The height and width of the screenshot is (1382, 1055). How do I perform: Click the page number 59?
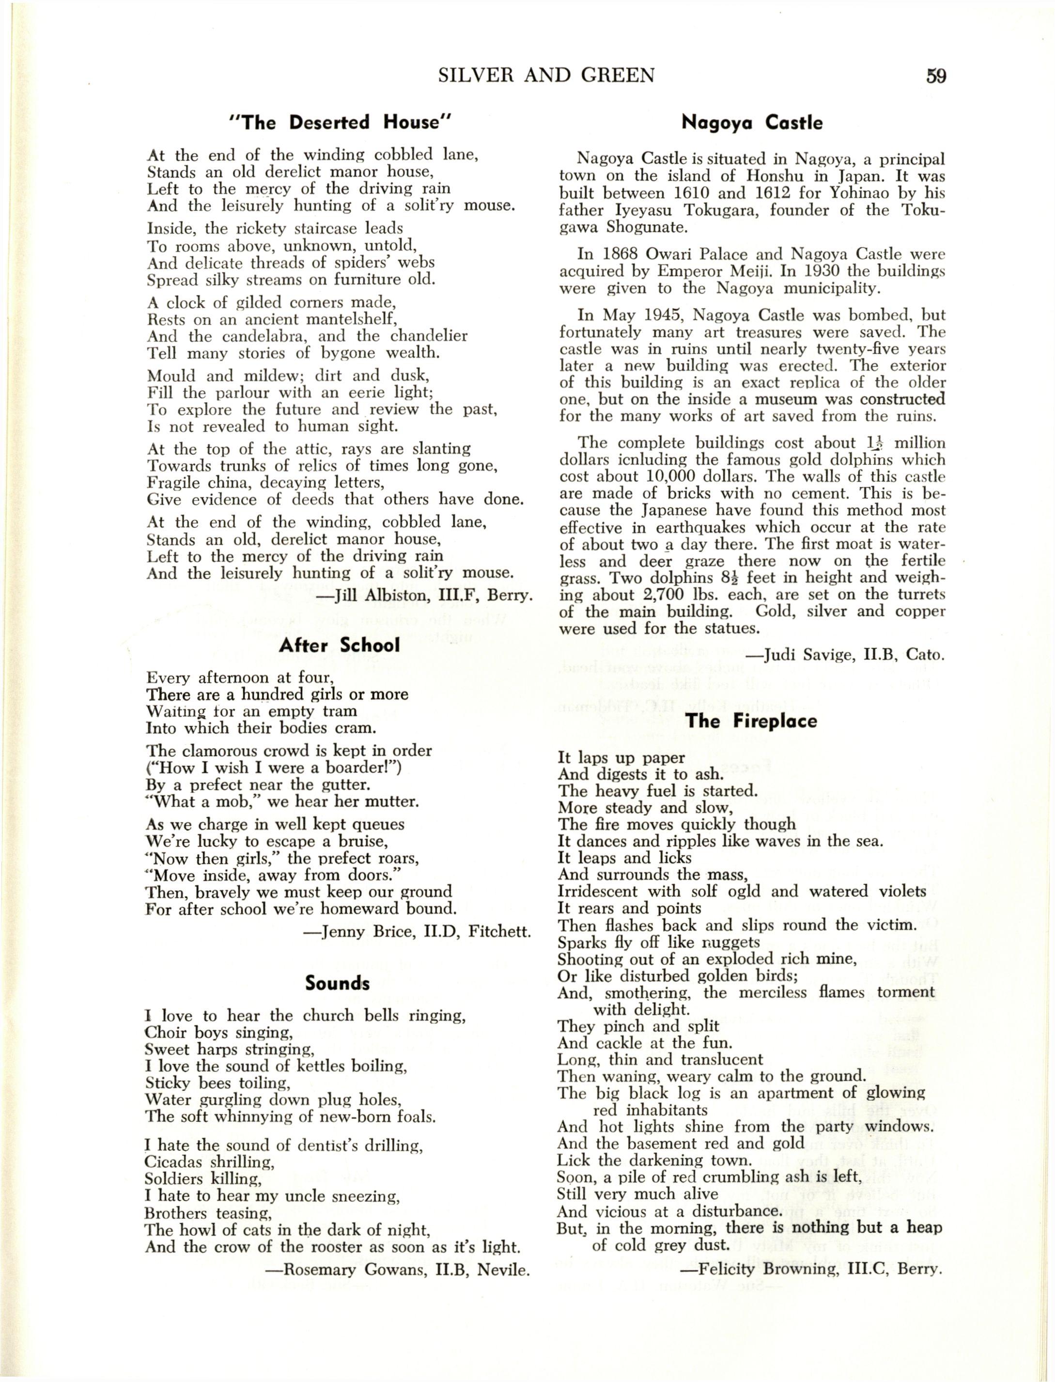[935, 76]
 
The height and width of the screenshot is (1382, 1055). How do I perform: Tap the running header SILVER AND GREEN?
[546, 76]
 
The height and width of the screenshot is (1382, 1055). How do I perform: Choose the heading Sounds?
[337, 983]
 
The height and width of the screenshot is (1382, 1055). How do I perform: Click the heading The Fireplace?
[751, 721]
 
